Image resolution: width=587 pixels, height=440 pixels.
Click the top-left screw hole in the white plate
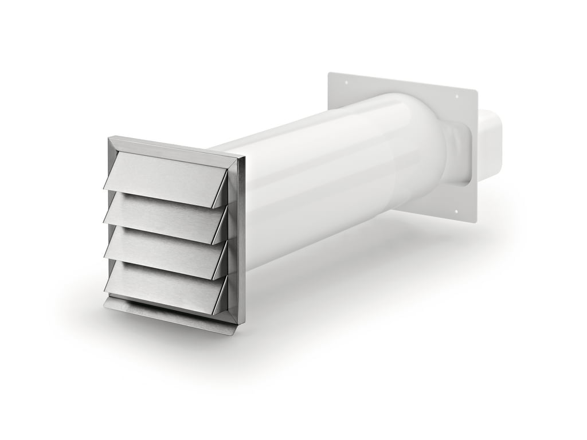346,82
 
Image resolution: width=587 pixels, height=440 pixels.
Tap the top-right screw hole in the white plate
456,96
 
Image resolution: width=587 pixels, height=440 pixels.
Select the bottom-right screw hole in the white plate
456,211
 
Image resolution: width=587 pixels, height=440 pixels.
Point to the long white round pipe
321,183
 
